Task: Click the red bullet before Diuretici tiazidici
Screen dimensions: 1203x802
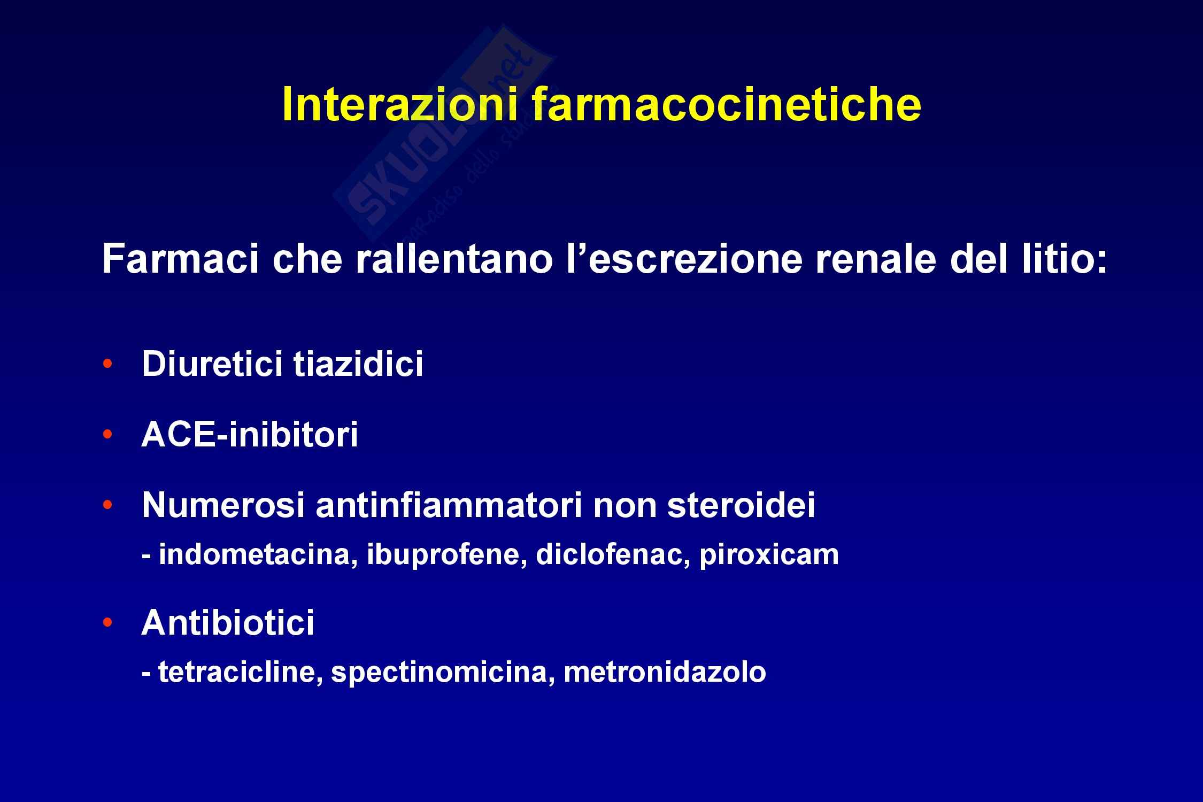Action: (x=108, y=364)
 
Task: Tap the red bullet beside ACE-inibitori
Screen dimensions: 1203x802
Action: (x=108, y=434)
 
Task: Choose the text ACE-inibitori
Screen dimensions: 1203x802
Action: (x=250, y=435)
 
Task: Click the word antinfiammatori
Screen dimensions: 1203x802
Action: (x=449, y=505)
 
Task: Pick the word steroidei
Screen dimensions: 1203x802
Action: (x=741, y=505)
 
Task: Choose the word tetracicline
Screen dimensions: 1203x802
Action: (x=240, y=672)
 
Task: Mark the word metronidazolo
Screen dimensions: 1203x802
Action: (x=665, y=672)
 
